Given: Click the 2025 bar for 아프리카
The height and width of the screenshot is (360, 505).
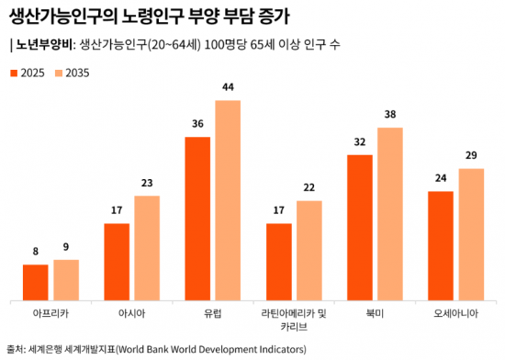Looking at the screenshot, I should pos(35,282).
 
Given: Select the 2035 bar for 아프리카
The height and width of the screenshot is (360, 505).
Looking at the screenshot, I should pos(66,279).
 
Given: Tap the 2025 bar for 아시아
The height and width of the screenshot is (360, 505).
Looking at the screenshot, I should pos(117,261).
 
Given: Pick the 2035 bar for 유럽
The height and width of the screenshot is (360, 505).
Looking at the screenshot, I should pos(228,199).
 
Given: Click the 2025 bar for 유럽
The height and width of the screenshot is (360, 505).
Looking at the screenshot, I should pos(197,218).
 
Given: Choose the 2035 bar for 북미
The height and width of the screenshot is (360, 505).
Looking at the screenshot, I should pos(390,213).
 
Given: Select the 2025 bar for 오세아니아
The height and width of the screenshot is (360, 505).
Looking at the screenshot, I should pos(441,245).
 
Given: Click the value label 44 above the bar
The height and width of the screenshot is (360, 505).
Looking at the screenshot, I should pos(228,88).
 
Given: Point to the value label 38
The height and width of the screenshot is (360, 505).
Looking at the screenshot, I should pos(390,116).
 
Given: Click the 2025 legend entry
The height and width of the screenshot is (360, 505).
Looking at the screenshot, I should pos(28,72).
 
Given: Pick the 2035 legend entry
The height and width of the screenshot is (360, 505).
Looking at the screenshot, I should pos(72,72).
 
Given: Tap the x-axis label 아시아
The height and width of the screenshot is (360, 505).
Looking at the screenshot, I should pos(131,313).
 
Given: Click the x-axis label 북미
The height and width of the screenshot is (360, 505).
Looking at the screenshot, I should pos(375,313).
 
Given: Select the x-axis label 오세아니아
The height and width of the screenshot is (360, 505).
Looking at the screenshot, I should pos(455,313).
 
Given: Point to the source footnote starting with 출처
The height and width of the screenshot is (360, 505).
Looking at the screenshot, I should pos(156,349).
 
